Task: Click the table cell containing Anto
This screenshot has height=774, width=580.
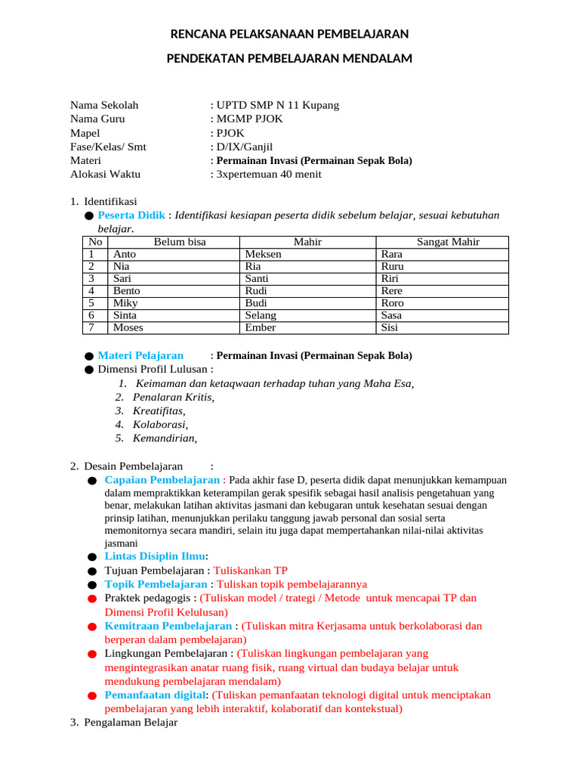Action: click(125, 255)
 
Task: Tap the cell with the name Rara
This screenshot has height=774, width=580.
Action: click(392, 255)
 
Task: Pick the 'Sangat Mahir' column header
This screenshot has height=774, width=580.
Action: click(448, 242)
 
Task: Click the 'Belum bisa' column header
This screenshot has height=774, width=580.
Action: click(180, 242)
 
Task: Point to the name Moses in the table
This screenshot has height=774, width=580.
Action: click(128, 327)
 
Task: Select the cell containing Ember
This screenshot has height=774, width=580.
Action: click(261, 327)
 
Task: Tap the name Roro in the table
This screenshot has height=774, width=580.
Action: click(393, 303)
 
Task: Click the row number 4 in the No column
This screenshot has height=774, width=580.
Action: click(91, 291)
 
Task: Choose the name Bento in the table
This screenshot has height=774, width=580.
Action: click(127, 291)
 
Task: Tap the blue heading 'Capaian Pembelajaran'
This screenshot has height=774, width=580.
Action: click(162, 480)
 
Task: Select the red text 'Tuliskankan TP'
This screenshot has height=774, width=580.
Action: click(251, 570)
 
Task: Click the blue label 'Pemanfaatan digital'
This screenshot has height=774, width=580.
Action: click(155, 695)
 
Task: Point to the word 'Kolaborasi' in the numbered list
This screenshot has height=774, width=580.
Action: click(159, 425)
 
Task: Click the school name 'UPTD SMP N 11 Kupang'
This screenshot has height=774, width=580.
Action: click(277, 105)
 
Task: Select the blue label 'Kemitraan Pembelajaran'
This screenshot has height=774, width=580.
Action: click(168, 626)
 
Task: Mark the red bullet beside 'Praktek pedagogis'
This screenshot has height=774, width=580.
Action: click(92, 599)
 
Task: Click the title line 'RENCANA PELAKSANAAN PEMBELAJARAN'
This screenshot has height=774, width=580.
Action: click(290, 34)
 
